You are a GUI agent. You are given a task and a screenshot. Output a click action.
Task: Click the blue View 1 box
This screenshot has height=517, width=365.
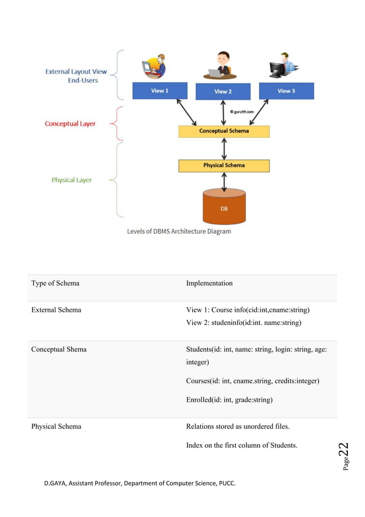point(160,91)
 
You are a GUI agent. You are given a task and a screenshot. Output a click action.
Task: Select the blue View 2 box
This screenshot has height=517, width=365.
point(223,91)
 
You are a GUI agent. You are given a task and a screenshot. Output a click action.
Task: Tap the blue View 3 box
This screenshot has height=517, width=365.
point(286,91)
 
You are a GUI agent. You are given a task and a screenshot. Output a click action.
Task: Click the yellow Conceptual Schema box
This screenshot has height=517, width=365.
point(224,131)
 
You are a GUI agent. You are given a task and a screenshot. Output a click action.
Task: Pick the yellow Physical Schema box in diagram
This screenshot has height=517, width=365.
point(224,166)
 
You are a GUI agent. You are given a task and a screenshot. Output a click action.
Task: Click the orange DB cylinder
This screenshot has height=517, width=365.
point(224,208)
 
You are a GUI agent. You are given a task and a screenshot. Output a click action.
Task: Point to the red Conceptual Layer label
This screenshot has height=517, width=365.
point(70,124)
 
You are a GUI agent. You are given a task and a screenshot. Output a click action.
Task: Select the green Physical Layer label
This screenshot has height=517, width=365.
point(72,180)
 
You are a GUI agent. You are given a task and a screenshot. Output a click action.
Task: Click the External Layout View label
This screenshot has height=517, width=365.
point(76,72)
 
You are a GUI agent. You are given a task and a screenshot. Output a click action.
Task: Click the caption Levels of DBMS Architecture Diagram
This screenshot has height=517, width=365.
point(178,232)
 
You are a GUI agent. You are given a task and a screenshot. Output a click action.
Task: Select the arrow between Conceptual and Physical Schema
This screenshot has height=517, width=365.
point(224,148)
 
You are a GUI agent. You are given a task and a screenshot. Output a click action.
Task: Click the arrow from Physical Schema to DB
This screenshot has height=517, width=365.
point(224,181)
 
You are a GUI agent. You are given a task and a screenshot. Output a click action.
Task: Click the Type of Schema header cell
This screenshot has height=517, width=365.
point(55,283)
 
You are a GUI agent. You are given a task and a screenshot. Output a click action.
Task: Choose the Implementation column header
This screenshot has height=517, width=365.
point(209,283)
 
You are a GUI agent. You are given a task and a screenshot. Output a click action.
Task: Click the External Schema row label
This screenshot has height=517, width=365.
point(56,310)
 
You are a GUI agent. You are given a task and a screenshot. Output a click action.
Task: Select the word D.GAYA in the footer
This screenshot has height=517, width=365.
point(56,483)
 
